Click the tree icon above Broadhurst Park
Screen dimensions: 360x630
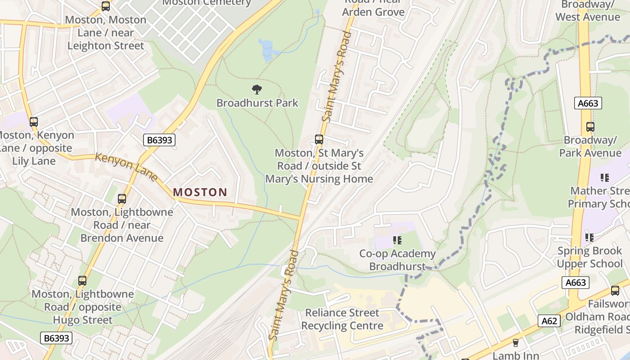tap(257, 89)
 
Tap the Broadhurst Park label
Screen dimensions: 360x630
tap(257, 103)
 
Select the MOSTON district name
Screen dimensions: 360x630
tap(200, 192)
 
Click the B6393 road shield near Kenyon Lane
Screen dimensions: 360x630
tap(159, 140)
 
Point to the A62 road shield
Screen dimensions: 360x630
tap(549, 321)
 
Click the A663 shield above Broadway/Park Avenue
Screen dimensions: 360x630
tap(588, 103)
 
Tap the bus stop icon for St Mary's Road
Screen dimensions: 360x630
tap(319, 139)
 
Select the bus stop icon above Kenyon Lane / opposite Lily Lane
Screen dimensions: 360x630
tap(33, 121)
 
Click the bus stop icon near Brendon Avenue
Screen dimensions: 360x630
tap(121, 198)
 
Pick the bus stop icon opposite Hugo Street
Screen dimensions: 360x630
tap(82, 281)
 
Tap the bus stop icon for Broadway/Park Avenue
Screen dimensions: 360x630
tap(590, 127)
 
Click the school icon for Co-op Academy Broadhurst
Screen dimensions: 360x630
tap(397, 240)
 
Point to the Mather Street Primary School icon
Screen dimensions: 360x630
tap(604, 178)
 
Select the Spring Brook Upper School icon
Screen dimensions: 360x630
tap(589, 237)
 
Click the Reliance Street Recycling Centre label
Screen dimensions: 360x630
tap(342, 319)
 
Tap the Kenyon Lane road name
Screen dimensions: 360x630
tap(126, 167)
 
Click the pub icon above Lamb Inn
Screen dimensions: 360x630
tap(516, 343)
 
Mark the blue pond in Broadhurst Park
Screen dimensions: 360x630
tap(266, 49)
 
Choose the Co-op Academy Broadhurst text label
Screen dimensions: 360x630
tap(397, 260)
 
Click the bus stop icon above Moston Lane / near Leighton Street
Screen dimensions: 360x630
tap(106, 6)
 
